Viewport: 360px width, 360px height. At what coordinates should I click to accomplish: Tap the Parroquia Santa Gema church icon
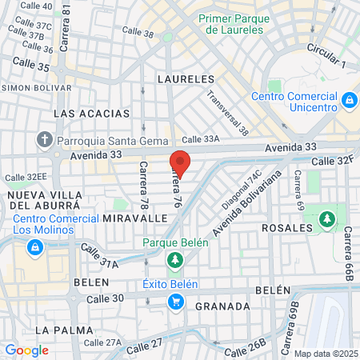click(x=44, y=140)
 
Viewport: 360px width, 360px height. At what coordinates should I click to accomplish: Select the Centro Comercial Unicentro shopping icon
click(x=349, y=101)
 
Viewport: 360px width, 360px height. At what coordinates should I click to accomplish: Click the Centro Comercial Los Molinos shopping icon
click(x=34, y=248)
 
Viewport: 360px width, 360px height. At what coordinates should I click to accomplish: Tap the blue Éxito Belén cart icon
click(x=175, y=301)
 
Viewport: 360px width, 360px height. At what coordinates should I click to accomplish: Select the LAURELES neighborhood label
click(x=186, y=79)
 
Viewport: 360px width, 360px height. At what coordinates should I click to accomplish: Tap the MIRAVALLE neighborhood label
click(x=135, y=218)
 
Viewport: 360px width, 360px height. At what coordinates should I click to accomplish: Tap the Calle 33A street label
click(x=199, y=138)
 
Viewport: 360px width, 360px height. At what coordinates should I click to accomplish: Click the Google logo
click(x=26, y=350)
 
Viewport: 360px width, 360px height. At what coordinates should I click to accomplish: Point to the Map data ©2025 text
click(x=326, y=354)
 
